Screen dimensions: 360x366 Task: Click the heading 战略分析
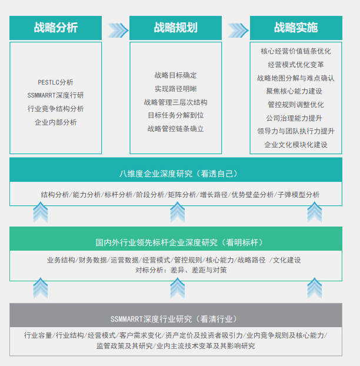point(55,28)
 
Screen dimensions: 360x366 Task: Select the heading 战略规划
point(175,28)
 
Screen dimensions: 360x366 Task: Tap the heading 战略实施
point(296,28)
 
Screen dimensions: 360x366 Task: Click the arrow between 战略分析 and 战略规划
point(118,31)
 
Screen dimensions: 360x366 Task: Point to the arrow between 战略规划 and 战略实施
point(238,31)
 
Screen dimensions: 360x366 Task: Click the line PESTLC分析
point(55,82)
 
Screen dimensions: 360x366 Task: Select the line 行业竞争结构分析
point(55,109)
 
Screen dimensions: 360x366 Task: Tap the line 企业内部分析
point(55,122)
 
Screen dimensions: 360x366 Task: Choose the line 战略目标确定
point(175,75)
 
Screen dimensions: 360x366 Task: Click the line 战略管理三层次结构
point(175,102)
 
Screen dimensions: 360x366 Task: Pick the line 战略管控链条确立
point(175,129)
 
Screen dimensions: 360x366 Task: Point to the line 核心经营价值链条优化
point(296,51)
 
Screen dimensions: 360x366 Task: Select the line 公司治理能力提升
point(294,118)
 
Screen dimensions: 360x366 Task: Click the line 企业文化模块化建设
point(296,145)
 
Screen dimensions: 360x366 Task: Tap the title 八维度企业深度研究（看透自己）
point(178,174)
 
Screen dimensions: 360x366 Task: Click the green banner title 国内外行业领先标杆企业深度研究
point(156,242)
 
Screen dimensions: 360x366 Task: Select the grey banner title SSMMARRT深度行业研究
point(151,319)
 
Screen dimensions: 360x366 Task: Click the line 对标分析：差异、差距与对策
point(181,270)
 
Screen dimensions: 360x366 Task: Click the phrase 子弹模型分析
point(298,195)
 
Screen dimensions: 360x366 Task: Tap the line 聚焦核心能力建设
point(294,91)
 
